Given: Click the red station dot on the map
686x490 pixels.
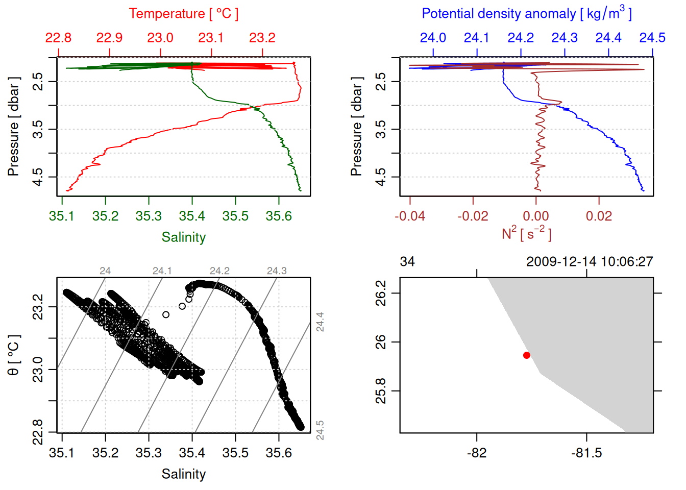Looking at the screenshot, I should (x=526, y=355).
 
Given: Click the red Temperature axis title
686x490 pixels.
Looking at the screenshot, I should (x=183, y=14).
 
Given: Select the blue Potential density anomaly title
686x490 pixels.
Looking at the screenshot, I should (x=526, y=13).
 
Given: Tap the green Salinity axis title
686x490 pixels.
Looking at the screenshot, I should (x=183, y=237).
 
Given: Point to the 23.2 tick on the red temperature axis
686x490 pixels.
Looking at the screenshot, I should (x=262, y=38).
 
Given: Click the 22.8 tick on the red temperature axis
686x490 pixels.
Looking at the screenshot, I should (x=58, y=38).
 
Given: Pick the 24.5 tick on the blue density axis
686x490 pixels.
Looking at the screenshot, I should (x=652, y=38).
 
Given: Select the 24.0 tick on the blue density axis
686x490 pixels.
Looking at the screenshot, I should (x=433, y=38).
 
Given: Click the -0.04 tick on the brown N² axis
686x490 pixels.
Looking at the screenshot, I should (x=410, y=216).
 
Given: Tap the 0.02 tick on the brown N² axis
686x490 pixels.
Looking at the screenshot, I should (x=599, y=216).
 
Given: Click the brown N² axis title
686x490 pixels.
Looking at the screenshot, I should (x=526, y=234).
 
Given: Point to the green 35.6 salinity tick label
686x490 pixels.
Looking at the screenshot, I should (x=279, y=216).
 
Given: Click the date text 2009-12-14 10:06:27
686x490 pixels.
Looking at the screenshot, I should (x=590, y=262).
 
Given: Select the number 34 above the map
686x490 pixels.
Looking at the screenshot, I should (x=407, y=262).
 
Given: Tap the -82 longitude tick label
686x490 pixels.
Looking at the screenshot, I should (x=477, y=453).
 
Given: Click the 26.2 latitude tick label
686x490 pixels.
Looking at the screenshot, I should (x=381, y=293).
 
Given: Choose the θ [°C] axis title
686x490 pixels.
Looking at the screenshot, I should (x=14, y=355).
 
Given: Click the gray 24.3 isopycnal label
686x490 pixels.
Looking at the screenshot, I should (x=277, y=271).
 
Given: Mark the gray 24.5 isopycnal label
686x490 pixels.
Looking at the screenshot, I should (x=320, y=430).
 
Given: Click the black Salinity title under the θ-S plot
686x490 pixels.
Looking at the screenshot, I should (x=183, y=474).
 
